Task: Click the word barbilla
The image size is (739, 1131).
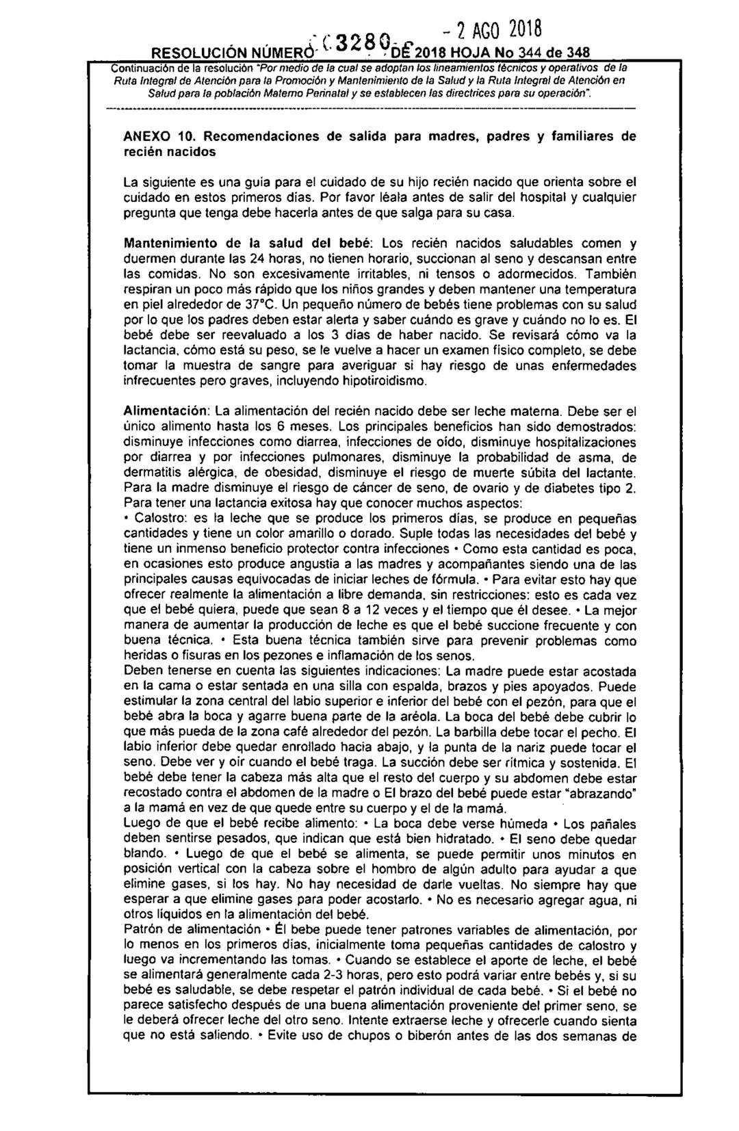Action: [x=490, y=732]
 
